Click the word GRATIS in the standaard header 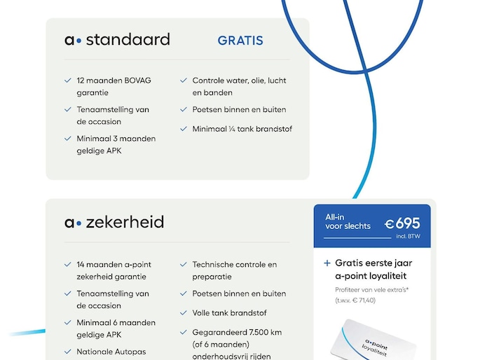(240, 41)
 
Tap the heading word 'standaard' (128, 39)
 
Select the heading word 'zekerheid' (125, 223)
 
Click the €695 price (402, 223)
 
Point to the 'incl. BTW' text (408, 237)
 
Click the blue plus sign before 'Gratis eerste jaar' (327, 264)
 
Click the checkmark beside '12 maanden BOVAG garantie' (68, 81)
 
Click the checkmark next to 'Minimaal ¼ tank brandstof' (184, 129)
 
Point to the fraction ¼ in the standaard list (231, 129)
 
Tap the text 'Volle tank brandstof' (229, 313)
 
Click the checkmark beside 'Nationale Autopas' (68, 352)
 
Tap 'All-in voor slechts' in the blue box (348, 222)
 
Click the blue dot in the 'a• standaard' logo (78, 41)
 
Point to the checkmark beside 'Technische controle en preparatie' (184, 265)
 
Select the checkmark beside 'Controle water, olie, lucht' (184, 81)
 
